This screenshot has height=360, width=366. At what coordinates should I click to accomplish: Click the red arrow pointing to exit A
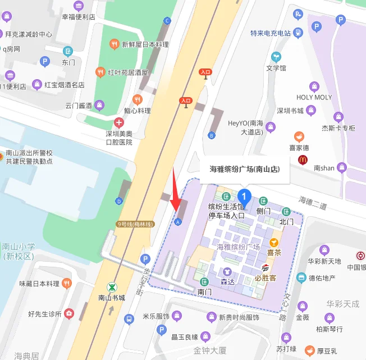[x=176, y=191]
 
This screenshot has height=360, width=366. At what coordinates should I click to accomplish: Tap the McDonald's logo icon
[x=303, y=160]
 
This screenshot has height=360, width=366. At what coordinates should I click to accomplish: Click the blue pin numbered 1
[x=244, y=196]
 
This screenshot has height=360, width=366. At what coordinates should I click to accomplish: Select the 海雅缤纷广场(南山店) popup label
[x=245, y=168]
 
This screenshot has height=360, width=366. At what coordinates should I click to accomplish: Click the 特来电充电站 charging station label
[x=271, y=33]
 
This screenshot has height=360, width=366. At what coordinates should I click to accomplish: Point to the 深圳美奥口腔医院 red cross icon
[x=118, y=122]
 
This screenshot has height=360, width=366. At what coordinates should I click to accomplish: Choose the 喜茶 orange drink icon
[x=274, y=243]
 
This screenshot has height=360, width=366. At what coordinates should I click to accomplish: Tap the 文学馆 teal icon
[x=276, y=57]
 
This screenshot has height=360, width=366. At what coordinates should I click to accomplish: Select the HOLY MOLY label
[x=314, y=97]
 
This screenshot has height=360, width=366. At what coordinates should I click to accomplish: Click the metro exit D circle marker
[x=118, y=200]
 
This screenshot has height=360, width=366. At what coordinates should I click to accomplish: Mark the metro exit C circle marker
[x=167, y=21]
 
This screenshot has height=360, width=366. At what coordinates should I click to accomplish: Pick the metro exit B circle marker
[x=212, y=135]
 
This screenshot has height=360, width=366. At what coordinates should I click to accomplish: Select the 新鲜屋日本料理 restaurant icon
[x=114, y=44]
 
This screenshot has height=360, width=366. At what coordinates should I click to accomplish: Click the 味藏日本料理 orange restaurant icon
[x=67, y=283]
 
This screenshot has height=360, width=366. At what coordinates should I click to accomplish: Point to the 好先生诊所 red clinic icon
[x=69, y=313]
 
